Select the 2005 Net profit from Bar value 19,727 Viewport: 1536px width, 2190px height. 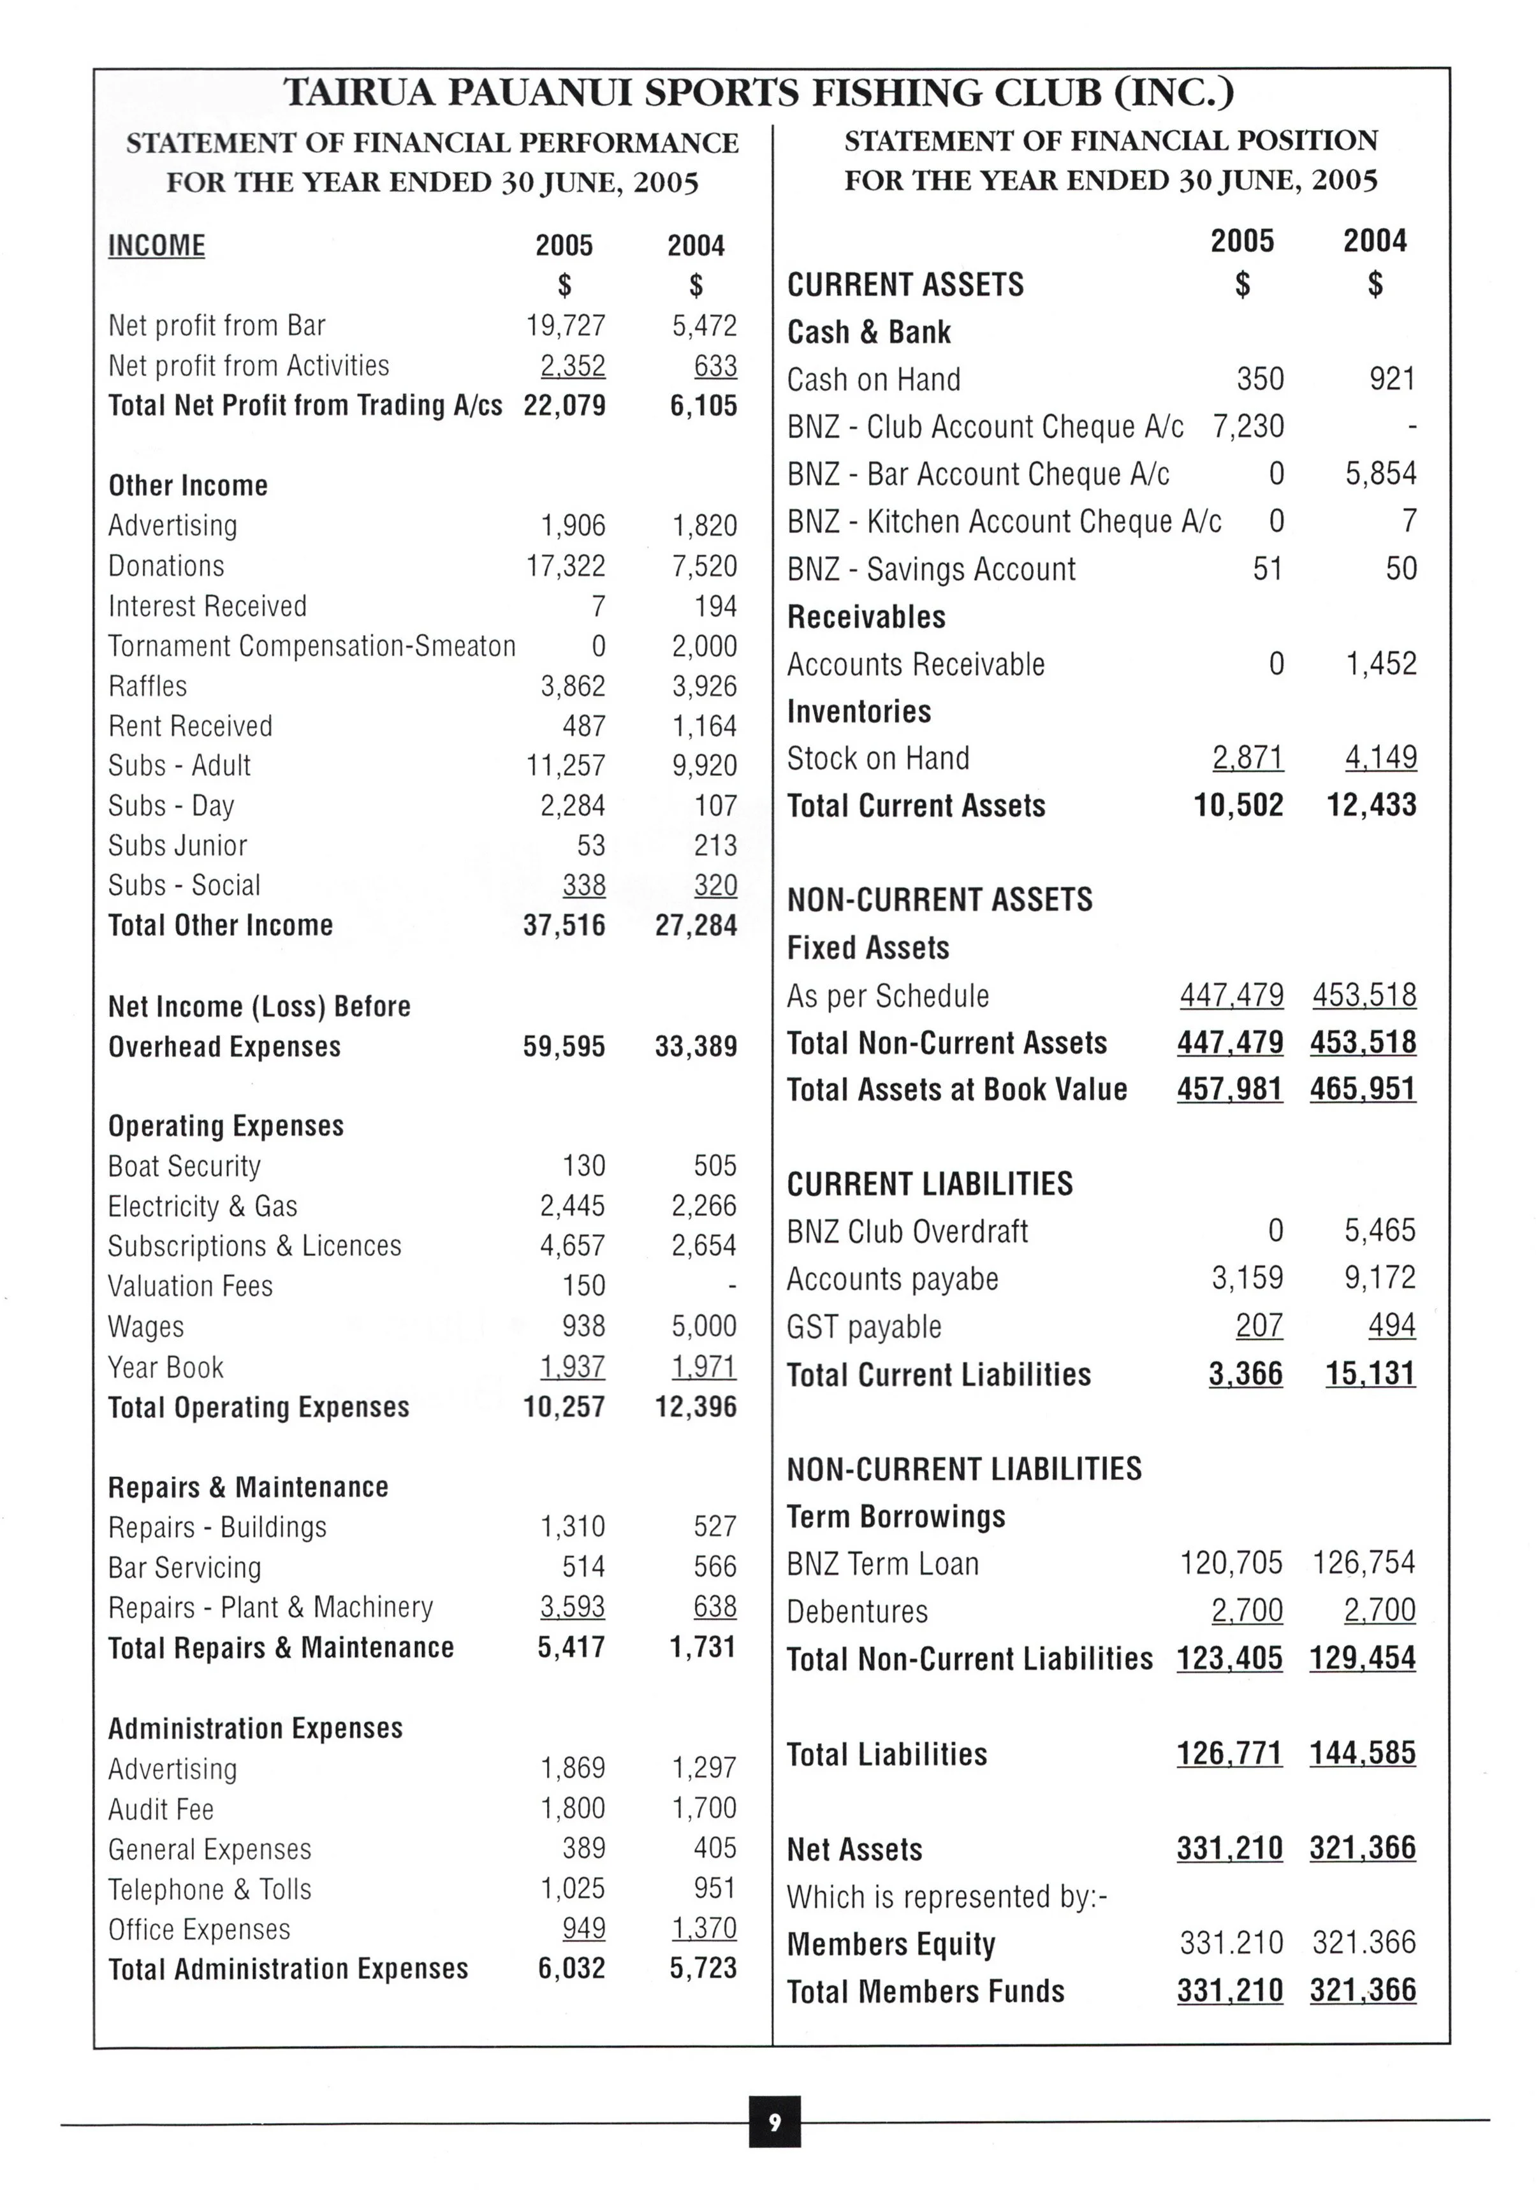click(x=566, y=326)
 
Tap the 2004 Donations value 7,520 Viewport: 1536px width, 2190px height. click(x=704, y=567)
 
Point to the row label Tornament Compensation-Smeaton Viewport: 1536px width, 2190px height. click(x=311, y=646)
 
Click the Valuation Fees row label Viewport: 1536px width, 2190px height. click(x=190, y=1287)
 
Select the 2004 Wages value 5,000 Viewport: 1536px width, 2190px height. click(x=704, y=1326)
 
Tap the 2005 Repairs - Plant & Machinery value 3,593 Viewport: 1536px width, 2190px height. click(x=573, y=1607)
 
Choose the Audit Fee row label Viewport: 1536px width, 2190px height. click(x=160, y=1809)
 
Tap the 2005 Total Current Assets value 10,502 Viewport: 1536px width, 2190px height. click(x=1238, y=806)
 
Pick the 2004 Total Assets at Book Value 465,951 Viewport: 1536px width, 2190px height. click(x=1363, y=1090)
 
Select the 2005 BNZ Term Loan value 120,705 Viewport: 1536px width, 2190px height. click(x=1231, y=1563)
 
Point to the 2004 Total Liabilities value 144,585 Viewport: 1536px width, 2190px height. click(x=1363, y=1753)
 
